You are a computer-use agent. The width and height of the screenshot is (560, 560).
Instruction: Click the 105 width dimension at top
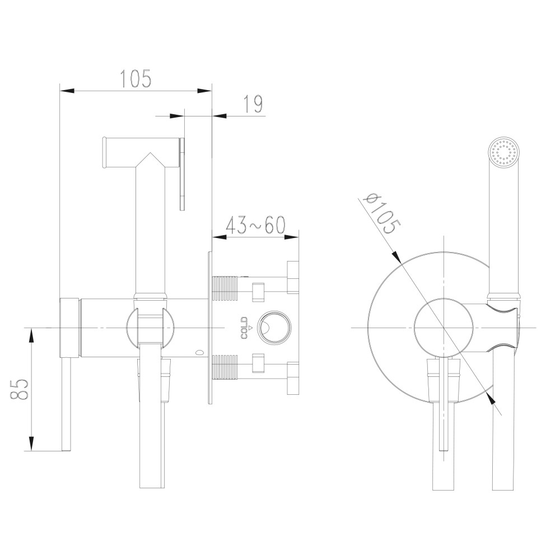coord(136,78)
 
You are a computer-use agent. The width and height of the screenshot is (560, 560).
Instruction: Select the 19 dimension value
coord(253,104)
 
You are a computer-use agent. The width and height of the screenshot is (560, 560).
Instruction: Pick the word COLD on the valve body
coord(245,328)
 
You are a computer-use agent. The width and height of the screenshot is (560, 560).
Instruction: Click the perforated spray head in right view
coord(505,152)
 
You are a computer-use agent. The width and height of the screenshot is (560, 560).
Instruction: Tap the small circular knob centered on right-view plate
coord(442,327)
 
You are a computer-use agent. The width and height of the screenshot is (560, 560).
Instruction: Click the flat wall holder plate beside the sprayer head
coord(183,174)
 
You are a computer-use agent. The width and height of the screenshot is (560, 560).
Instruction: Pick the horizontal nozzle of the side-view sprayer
coord(120,152)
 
